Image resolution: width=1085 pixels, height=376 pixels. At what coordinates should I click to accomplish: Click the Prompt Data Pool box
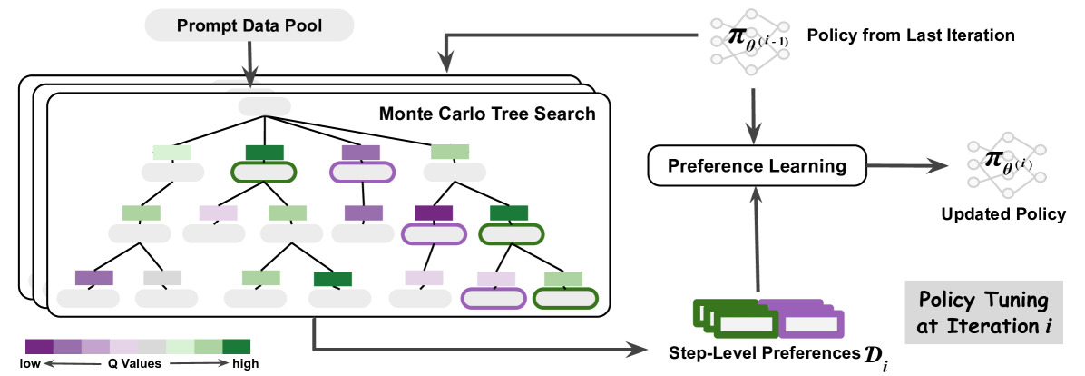tap(249, 27)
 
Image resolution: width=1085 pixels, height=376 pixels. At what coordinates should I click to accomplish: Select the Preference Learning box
tap(757, 166)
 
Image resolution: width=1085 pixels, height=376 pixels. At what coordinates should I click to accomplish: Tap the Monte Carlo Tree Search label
tap(486, 114)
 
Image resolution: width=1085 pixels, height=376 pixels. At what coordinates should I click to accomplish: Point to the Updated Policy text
tap(1003, 214)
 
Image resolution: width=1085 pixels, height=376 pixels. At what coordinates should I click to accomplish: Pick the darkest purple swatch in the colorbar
tap(39, 346)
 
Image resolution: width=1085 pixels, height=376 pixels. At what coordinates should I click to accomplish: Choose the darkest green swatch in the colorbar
tap(236, 346)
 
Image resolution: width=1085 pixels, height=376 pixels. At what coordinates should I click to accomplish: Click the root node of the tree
tap(264, 105)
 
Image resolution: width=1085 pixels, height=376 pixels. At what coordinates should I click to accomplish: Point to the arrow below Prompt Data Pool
tap(249, 64)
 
